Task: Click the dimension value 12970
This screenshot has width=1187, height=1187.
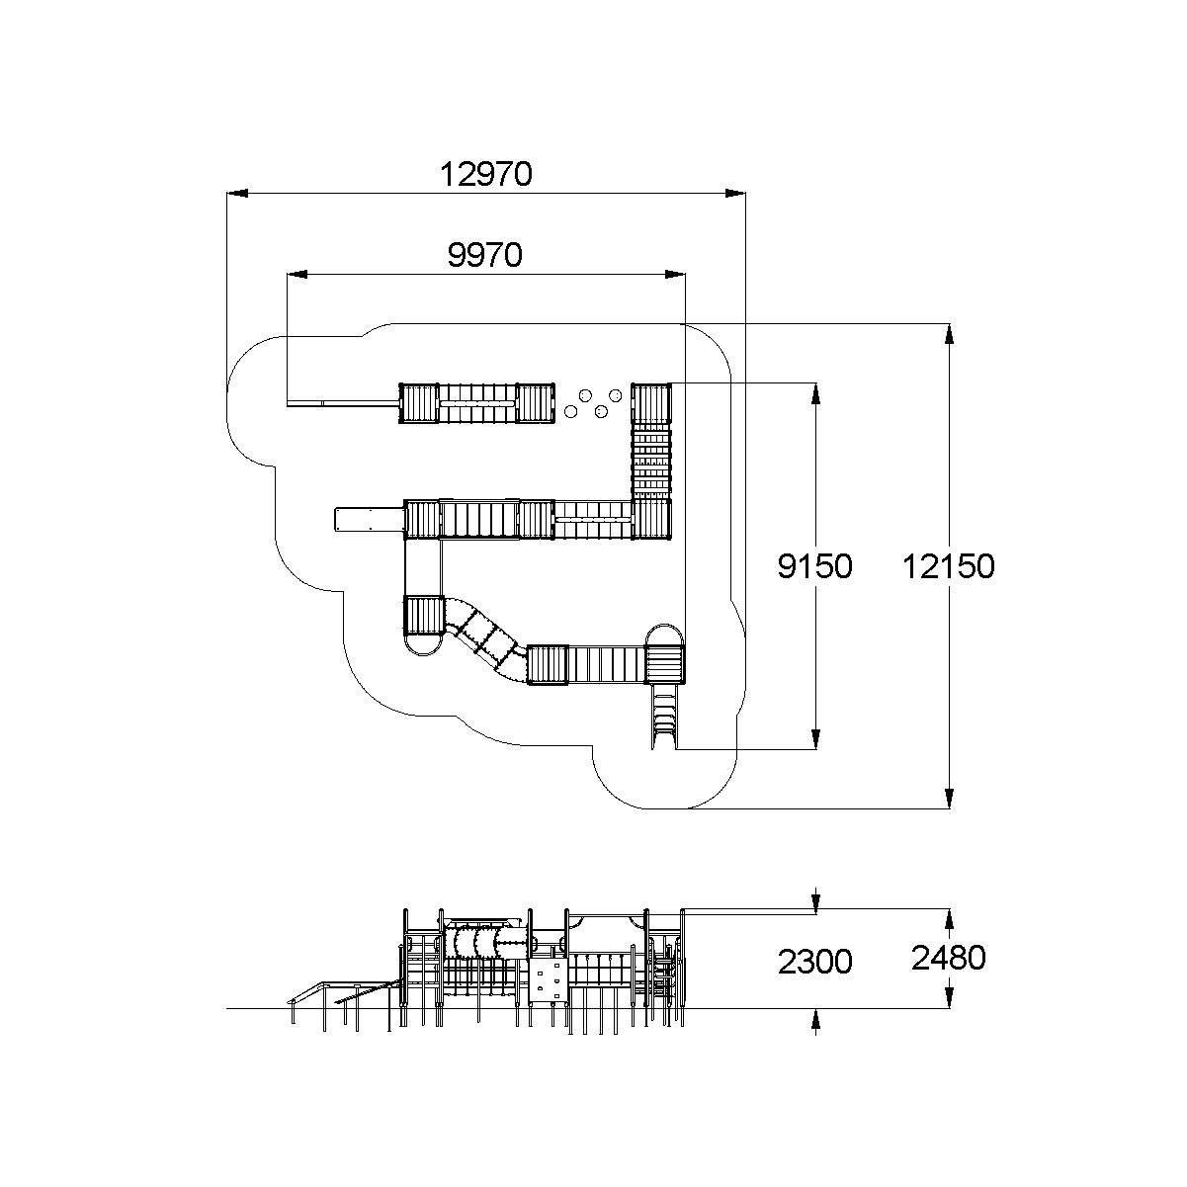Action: point(485,174)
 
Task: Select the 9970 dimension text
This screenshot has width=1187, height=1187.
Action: point(484,255)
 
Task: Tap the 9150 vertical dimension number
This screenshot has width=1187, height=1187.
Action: point(814,566)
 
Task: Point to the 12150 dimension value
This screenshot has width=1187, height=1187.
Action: point(948,566)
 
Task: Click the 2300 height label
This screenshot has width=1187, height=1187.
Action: point(814,962)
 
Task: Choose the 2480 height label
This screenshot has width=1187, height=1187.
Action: point(948,958)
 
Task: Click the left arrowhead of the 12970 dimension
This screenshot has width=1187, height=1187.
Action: point(237,194)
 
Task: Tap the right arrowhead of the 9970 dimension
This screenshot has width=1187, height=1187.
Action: point(675,275)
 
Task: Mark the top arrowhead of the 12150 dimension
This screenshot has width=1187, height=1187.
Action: point(949,334)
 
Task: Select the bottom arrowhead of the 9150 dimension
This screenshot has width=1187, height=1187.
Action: point(815,739)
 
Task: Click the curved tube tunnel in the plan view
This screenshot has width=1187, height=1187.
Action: point(485,638)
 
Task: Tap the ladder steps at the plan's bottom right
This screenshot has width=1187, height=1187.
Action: point(664,716)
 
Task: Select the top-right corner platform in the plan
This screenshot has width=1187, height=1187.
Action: point(651,403)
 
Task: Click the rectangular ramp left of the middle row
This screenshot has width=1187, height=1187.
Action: point(370,519)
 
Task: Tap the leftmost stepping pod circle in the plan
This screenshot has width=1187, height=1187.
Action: point(571,411)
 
